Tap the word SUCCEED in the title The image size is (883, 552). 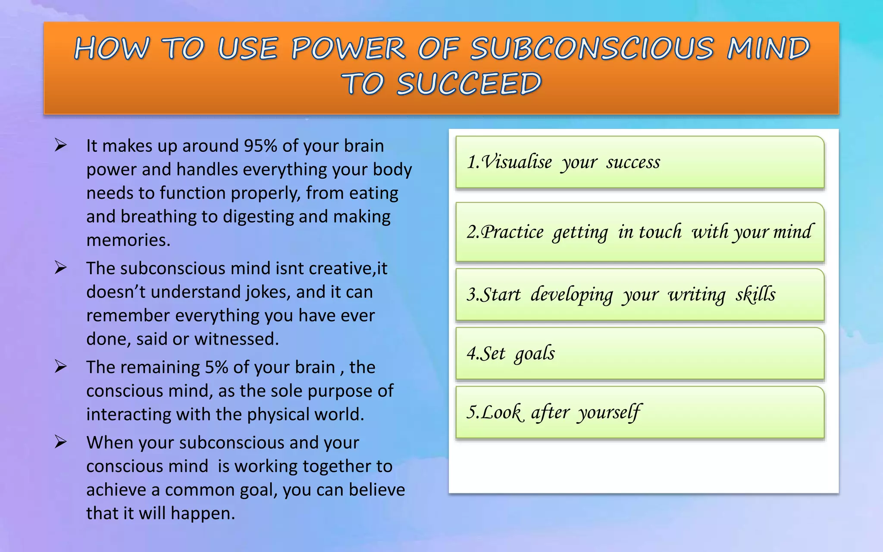point(469,84)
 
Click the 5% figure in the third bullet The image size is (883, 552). point(216,367)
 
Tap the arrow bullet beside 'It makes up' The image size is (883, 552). point(60,145)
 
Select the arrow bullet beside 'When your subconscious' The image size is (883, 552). point(60,442)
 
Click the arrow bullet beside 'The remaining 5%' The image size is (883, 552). point(60,367)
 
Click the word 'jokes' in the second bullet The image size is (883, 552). point(266,292)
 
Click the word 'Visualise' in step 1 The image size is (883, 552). point(517,162)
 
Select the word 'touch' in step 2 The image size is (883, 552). point(660,232)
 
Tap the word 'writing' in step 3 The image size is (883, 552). point(697,295)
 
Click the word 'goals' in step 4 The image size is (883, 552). point(535,354)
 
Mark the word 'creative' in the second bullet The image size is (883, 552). point(341,268)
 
